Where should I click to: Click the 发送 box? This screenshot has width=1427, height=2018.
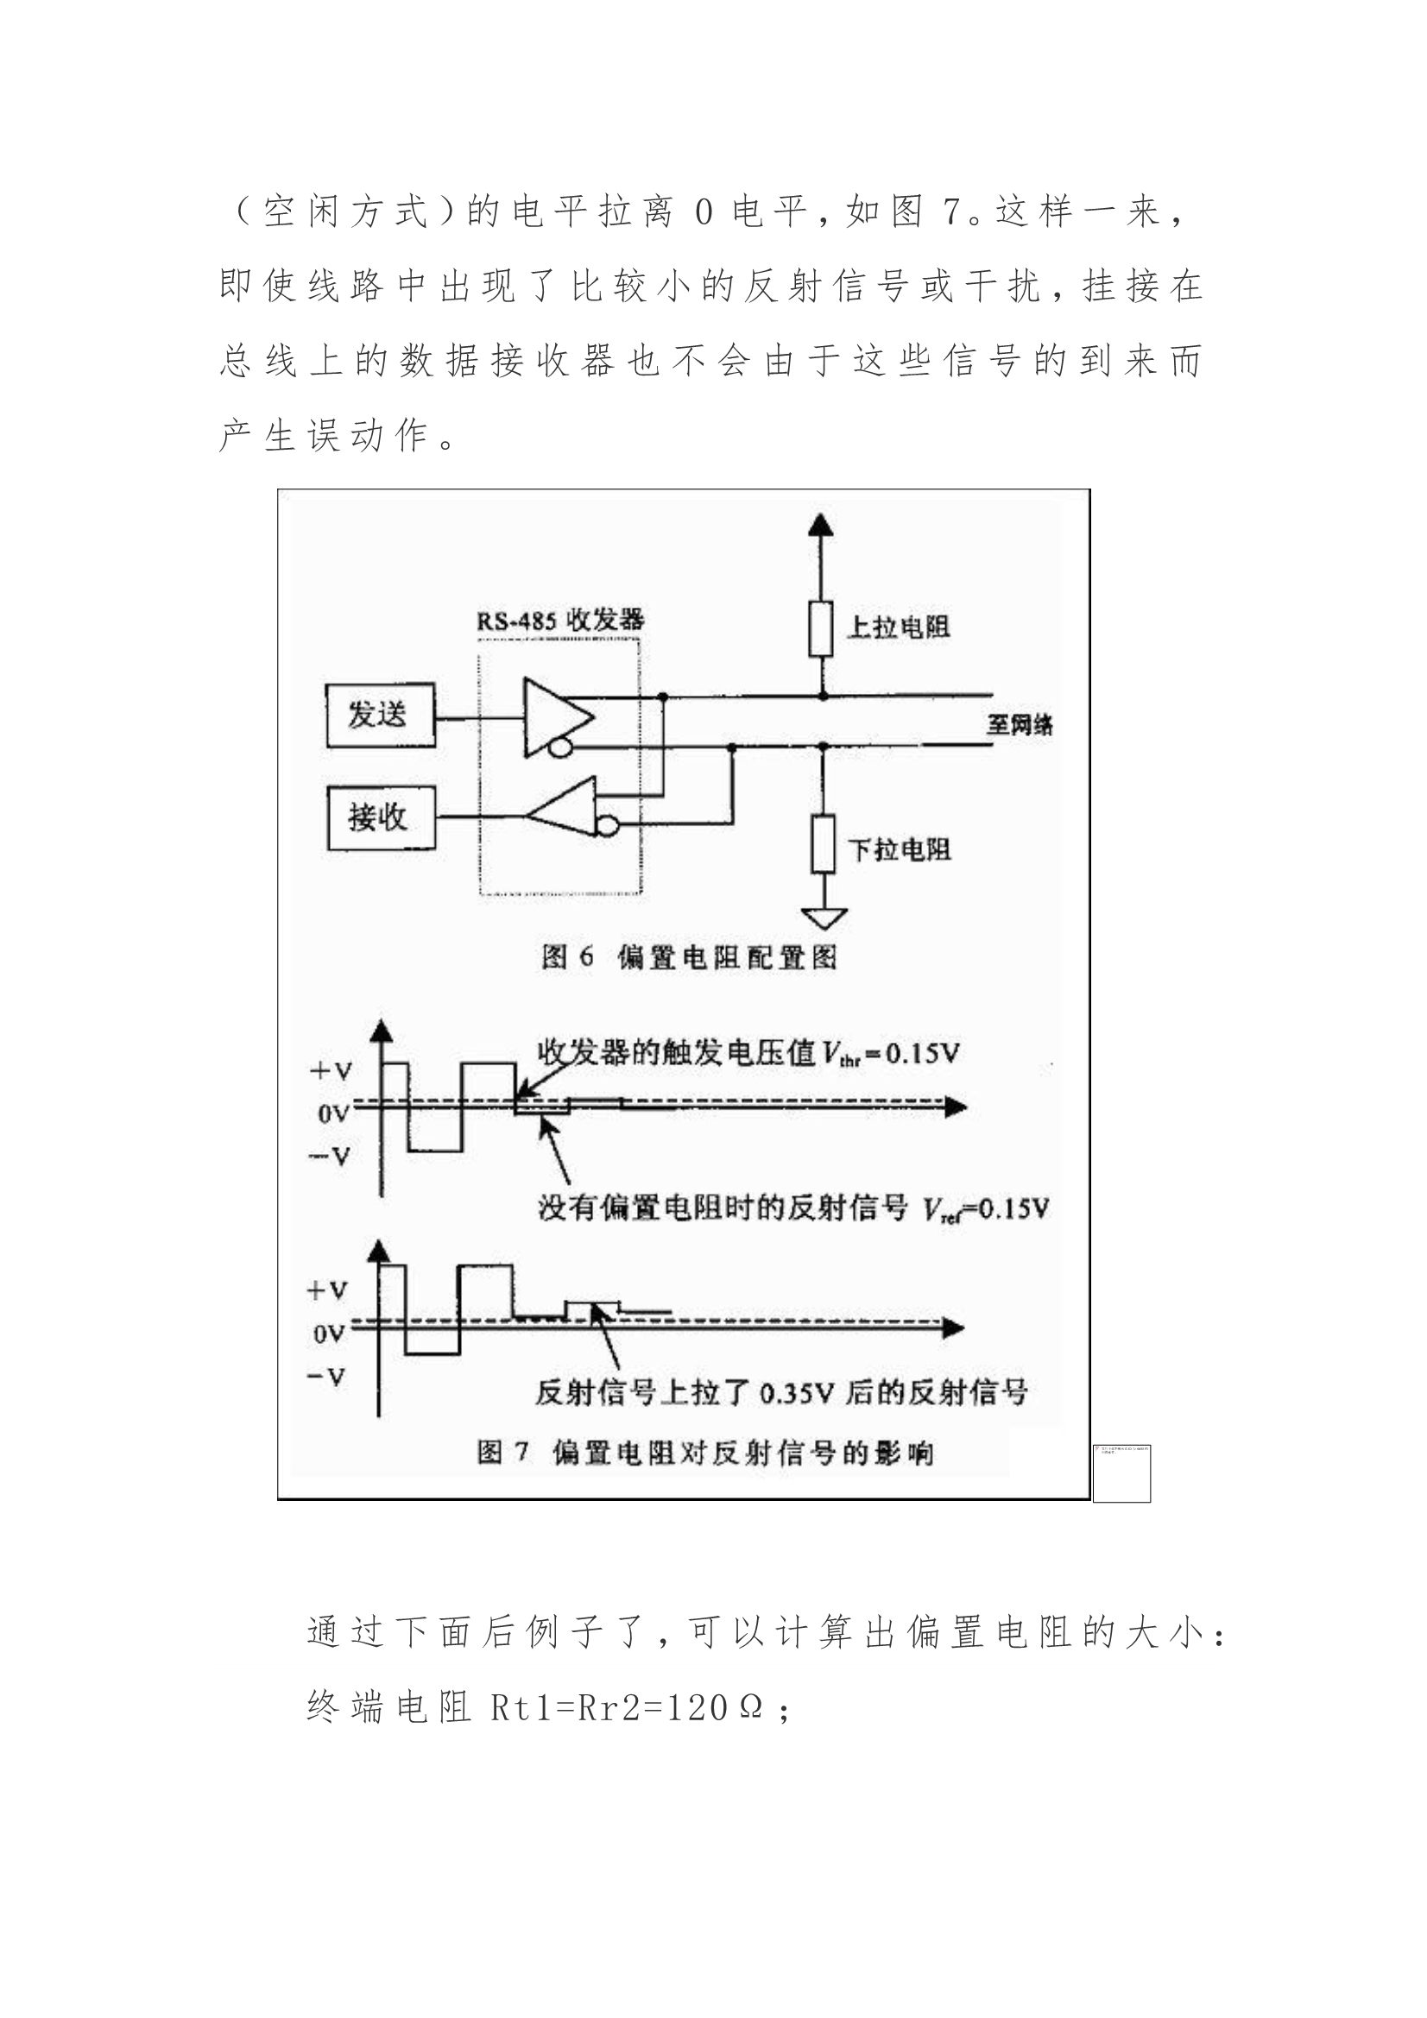point(380,715)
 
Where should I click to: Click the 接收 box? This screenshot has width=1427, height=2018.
point(381,817)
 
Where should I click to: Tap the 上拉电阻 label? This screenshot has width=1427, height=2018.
point(898,627)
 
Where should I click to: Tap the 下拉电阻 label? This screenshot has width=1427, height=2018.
point(899,849)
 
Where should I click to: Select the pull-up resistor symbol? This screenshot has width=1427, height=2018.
point(821,628)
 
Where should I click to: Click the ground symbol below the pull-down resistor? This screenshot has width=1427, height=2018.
point(824,918)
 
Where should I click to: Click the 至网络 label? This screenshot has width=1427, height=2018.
point(1019,725)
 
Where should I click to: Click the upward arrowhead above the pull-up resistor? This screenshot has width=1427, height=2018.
point(821,525)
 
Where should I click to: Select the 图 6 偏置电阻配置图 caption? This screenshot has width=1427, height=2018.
point(688,957)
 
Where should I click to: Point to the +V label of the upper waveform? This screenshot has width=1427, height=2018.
point(331,1071)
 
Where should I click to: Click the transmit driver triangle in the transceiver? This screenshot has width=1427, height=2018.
point(556,716)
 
